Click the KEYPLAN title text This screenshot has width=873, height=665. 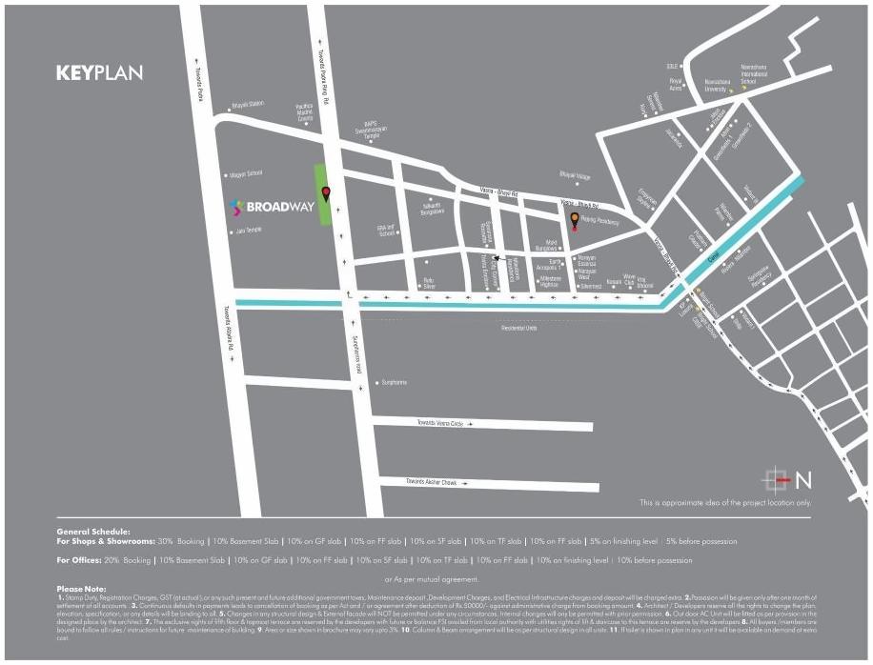pyautogui.click(x=99, y=73)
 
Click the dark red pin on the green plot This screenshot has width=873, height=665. pyautogui.click(x=326, y=195)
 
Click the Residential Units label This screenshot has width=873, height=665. pyautogui.click(x=519, y=328)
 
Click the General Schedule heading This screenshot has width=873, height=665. pyautogui.click(x=92, y=533)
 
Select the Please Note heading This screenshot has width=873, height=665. pyautogui.click(x=82, y=589)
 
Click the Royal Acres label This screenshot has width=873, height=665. pyautogui.click(x=677, y=85)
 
